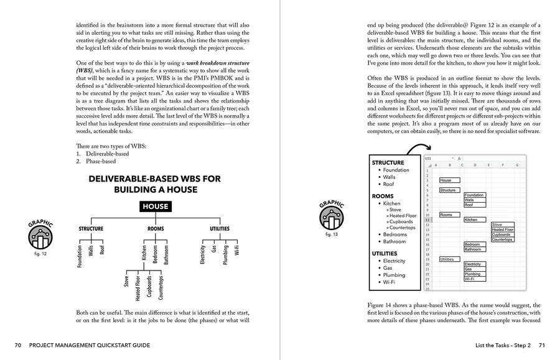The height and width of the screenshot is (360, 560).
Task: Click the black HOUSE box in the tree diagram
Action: coord(154,206)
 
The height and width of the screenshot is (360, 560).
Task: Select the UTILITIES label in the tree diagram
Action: coord(219,229)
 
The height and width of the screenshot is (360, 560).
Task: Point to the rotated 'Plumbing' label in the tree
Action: coord(225,255)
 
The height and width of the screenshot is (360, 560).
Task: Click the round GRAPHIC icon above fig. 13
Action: coord(332,218)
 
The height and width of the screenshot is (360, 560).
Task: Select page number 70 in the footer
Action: coord(18,345)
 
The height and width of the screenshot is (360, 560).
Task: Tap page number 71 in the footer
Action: coord(541,345)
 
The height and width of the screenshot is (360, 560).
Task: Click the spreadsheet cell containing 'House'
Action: coord(446,180)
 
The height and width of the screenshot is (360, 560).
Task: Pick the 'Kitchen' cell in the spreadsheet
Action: coord(471,219)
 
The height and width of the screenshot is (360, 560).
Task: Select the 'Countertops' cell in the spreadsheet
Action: coord(502,239)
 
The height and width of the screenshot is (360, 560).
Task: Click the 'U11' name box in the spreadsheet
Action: coord(429,158)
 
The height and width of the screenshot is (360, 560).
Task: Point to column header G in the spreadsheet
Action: coord(517,165)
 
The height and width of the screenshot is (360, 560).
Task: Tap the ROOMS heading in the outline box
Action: coord(383,196)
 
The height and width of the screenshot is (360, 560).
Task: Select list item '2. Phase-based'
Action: coord(96,161)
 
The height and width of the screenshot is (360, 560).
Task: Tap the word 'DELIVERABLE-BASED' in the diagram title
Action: coord(130,179)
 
